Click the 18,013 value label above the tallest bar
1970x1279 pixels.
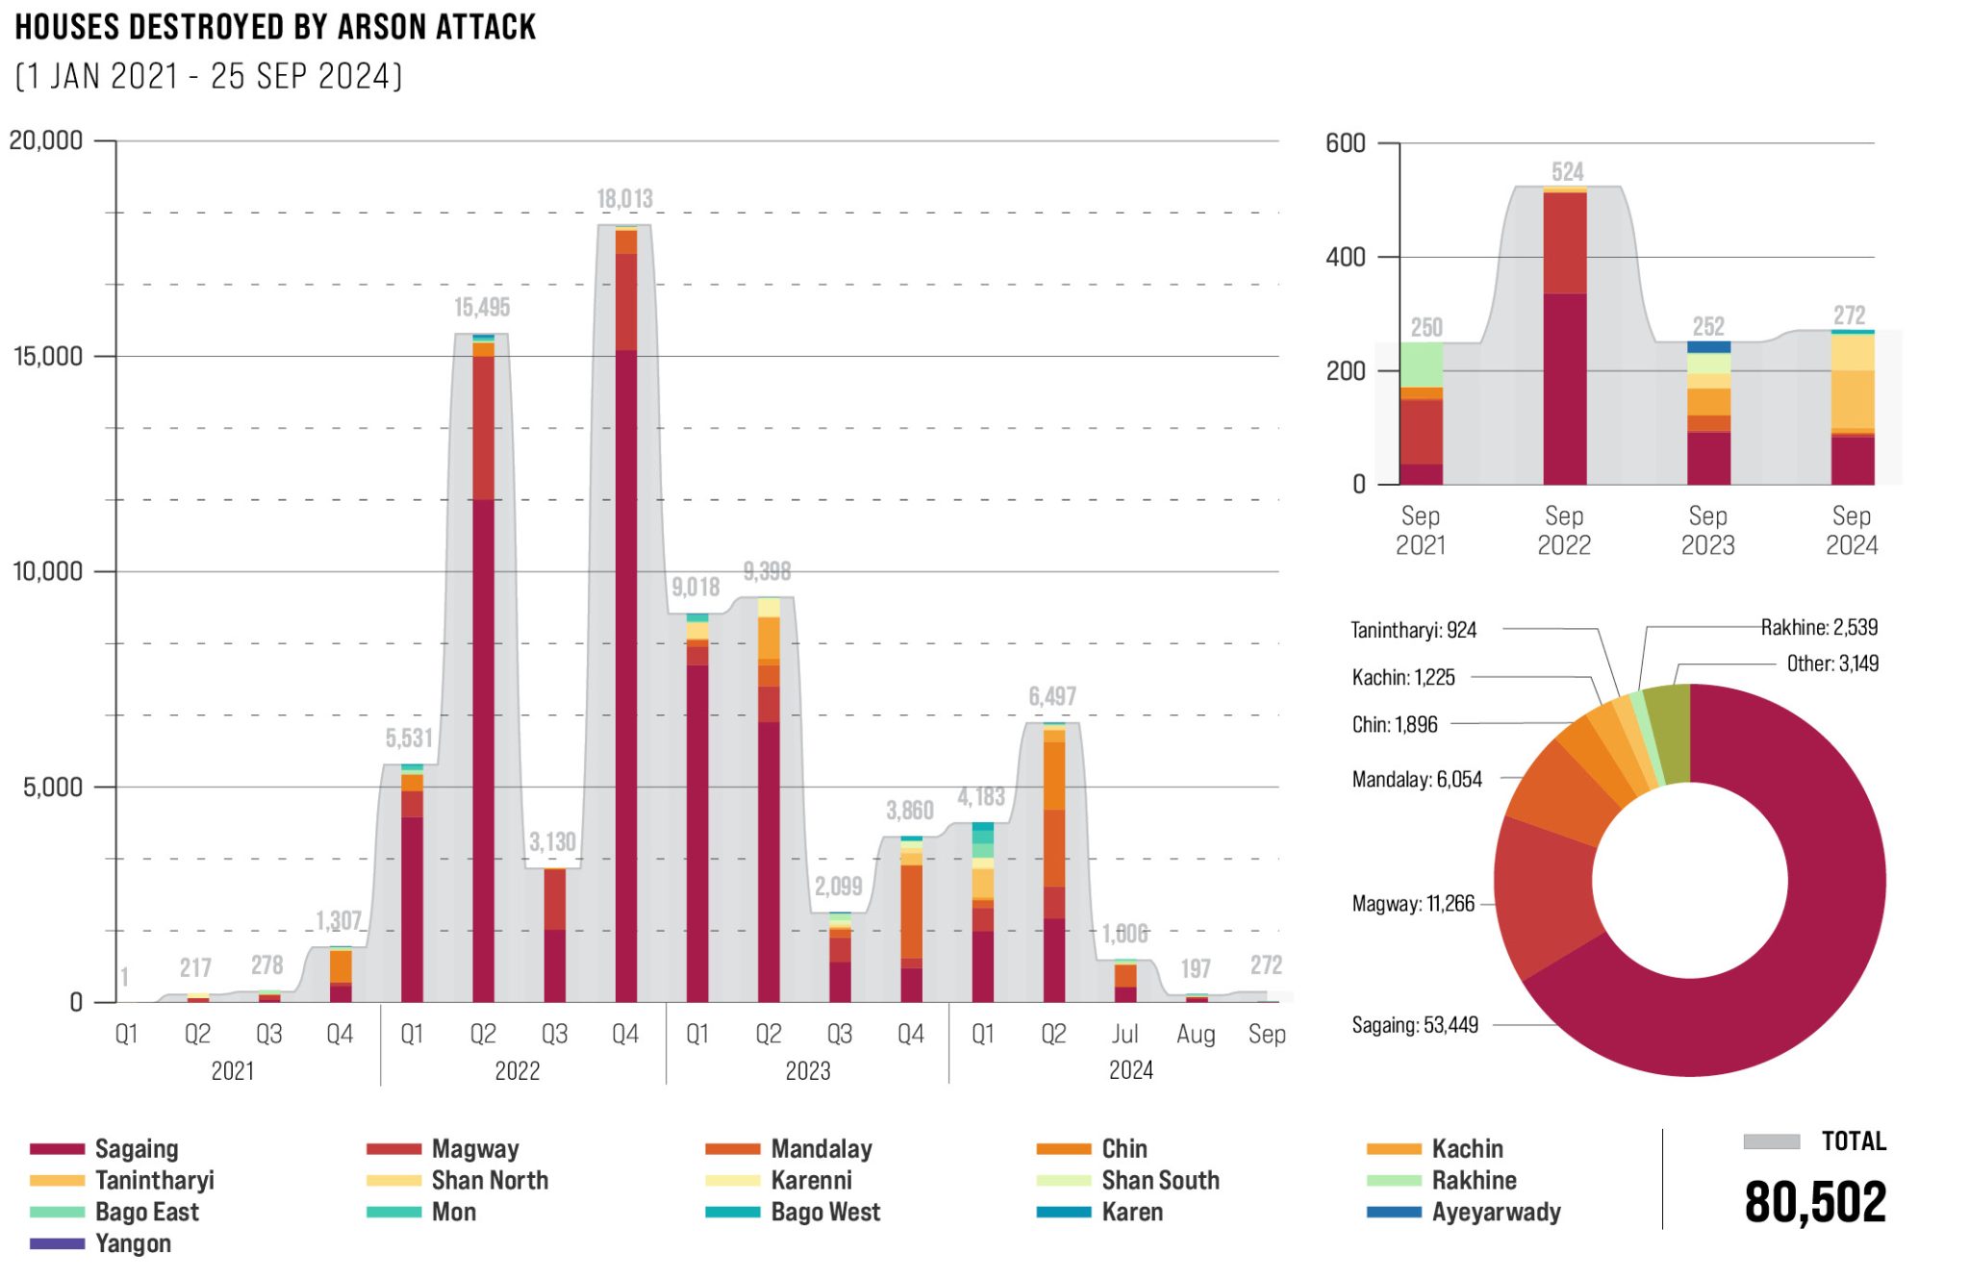(x=625, y=199)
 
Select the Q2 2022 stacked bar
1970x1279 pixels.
(x=483, y=673)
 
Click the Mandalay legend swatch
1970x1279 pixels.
(x=733, y=1149)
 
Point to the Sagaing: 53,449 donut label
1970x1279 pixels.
(x=1415, y=1025)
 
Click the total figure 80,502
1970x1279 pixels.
(x=1815, y=1202)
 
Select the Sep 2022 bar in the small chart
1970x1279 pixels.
(x=1565, y=337)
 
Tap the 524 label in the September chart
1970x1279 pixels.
(x=1567, y=172)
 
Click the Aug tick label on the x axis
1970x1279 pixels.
(x=1196, y=1035)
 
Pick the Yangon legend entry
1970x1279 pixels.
(x=133, y=1243)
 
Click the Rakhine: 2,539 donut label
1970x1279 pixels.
(x=1819, y=628)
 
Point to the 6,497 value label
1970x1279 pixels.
(x=1052, y=696)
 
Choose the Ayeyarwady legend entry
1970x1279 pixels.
(x=1496, y=1212)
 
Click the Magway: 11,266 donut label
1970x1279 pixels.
(x=1413, y=904)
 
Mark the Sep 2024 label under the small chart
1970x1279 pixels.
(x=1852, y=531)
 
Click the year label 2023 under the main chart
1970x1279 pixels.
(x=808, y=1071)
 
